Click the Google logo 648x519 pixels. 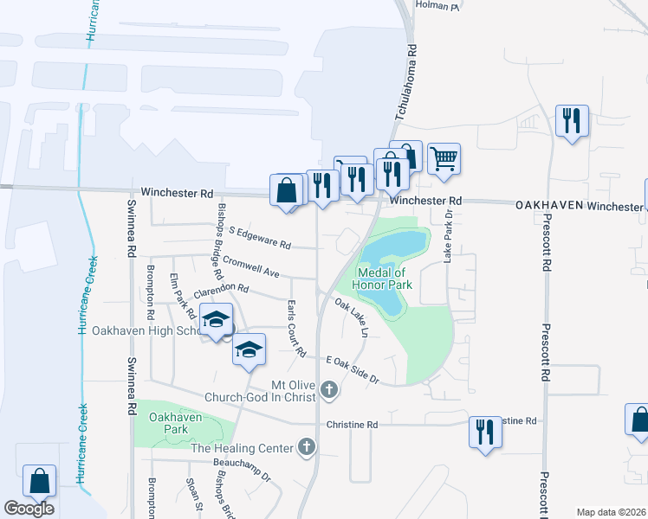click(x=29, y=509)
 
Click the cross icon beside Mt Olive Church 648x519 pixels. click(x=328, y=391)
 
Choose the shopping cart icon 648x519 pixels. click(x=444, y=158)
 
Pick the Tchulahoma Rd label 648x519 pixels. click(x=412, y=83)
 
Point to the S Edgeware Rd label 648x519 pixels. click(x=260, y=238)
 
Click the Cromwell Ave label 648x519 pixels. click(x=250, y=266)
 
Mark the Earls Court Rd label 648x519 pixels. click(x=296, y=329)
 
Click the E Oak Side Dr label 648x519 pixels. click(x=353, y=369)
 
